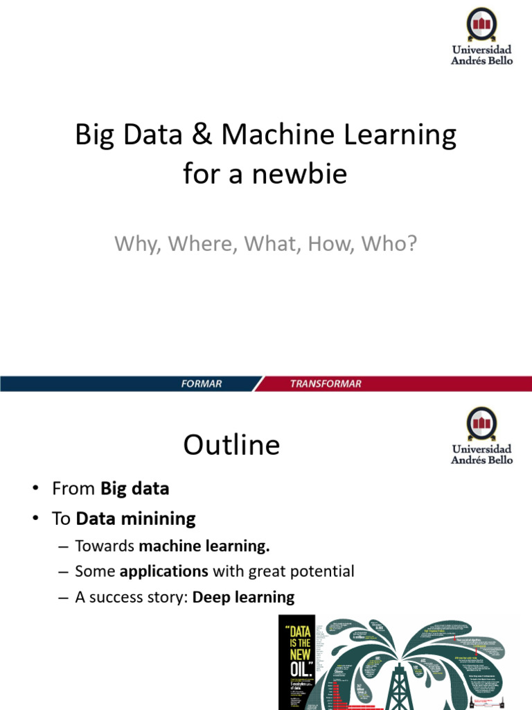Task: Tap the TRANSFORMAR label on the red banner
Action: click(326, 384)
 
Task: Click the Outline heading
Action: click(231, 444)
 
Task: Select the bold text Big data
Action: click(135, 488)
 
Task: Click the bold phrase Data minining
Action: click(136, 518)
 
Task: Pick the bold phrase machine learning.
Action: click(204, 546)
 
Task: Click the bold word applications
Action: click(164, 572)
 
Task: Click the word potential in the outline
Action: click(323, 572)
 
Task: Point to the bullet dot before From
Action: click(34, 489)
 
